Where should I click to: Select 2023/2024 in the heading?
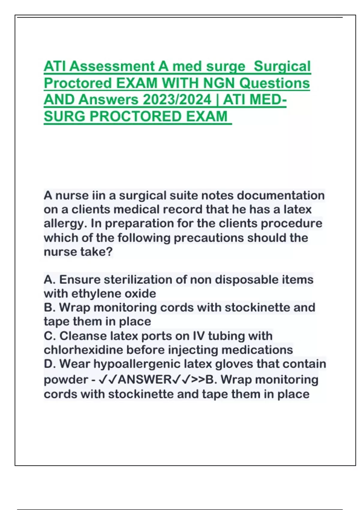coord(177,100)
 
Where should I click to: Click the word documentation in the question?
coord(280,196)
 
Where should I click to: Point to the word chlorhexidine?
coord(83,350)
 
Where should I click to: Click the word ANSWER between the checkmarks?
coord(145,380)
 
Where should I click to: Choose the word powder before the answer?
coord(65,380)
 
